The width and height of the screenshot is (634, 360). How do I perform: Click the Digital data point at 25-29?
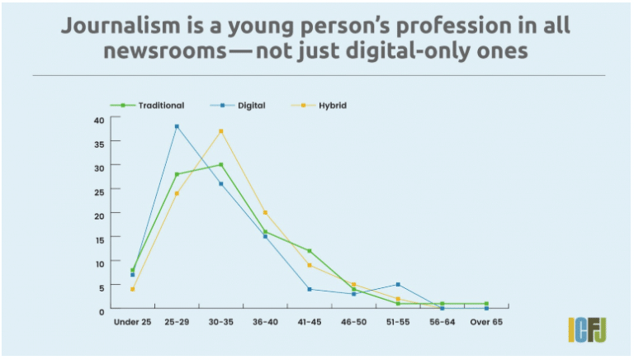[x=177, y=126]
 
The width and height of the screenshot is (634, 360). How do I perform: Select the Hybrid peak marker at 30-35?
[x=221, y=131]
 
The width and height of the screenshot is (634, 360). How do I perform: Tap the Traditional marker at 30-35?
[x=221, y=164]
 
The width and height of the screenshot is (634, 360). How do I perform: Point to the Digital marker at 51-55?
[x=398, y=285]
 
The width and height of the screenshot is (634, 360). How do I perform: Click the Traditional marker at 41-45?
[x=310, y=250]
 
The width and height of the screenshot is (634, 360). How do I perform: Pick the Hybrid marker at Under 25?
[x=132, y=289]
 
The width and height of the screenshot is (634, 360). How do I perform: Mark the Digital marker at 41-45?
[x=310, y=289]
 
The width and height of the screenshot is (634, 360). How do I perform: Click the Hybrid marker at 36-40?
[x=265, y=212]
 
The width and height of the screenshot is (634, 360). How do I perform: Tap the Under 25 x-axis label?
[x=132, y=321]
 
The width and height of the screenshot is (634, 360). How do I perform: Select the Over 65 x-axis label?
[x=486, y=321]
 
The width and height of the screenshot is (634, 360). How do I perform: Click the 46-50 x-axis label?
[x=353, y=321]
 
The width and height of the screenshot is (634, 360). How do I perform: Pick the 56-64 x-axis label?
[x=442, y=321]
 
